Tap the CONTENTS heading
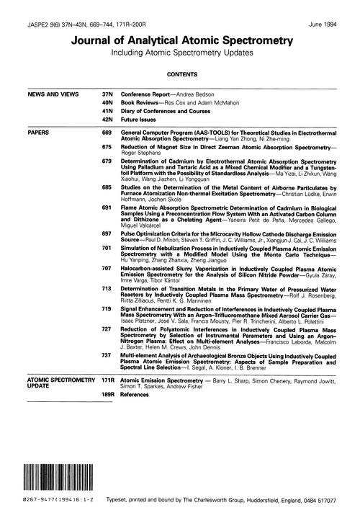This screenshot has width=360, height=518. tap(181, 73)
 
